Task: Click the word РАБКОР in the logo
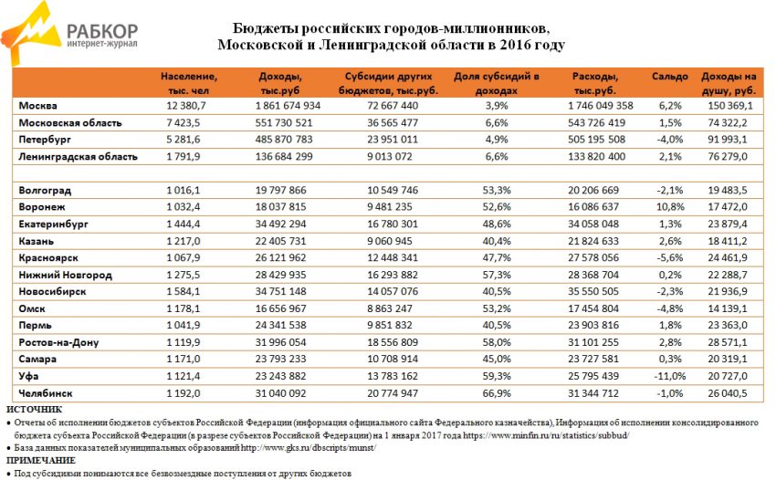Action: pos(102,31)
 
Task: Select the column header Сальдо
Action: pos(669,77)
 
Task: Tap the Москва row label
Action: pos(38,106)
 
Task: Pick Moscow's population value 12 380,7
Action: pos(186,106)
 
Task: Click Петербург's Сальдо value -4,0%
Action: pos(669,140)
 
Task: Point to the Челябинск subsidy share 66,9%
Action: pos(497,393)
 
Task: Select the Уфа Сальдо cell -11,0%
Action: pos(669,376)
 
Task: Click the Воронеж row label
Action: pos(42,207)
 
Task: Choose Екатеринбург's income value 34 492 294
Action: pos(280,224)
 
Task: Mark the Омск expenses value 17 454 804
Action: pos(593,308)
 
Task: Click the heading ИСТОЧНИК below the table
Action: pos(35,410)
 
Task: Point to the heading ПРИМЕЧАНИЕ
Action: pos(41,461)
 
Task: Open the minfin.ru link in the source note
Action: pos(546,436)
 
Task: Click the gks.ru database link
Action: pos(309,448)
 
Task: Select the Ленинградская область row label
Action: pos(79,157)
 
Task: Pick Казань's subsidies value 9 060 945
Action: pos(393,242)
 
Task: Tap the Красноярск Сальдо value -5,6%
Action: pos(669,258)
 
